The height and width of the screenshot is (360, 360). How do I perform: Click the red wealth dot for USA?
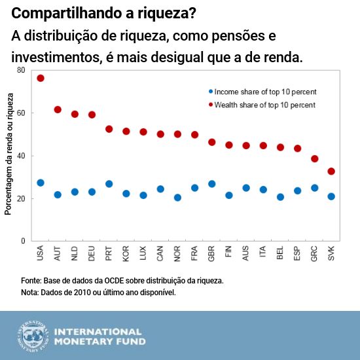[x=41, y=78]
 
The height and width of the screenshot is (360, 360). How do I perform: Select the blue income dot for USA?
[x=41, y=183]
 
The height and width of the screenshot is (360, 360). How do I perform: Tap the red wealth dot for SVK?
[x=331, y=171]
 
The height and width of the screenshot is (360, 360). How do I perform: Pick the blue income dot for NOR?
[x=177, y=197]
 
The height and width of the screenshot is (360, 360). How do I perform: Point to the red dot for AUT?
[x=58, y=109]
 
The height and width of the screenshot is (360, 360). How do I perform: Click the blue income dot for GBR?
[x=211, y=184]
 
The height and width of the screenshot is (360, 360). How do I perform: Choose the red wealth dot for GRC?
[x=314, y=158]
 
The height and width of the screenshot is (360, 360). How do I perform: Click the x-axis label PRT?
[x=109, y=252]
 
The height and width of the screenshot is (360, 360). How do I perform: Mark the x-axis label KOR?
[x=126, y=252]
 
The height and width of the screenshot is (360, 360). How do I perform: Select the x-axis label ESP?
[x=297, y=252]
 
